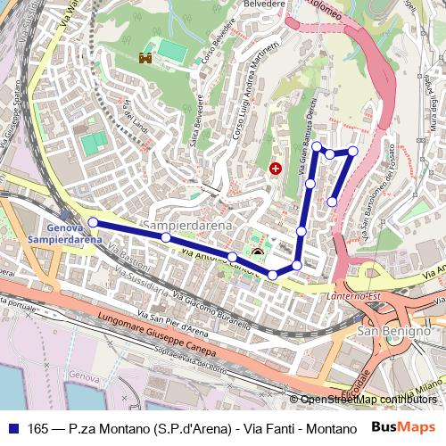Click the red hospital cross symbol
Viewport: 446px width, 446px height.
(276, 168)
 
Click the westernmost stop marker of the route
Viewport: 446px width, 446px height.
(93, 222)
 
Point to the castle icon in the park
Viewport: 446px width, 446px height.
(143, 60)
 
